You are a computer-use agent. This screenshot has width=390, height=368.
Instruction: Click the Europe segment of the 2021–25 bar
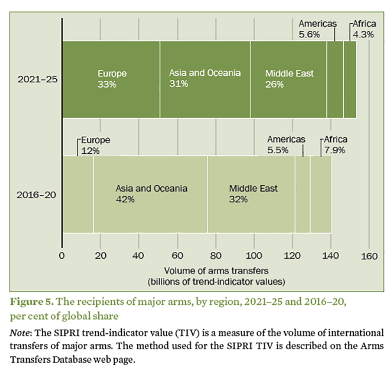111,79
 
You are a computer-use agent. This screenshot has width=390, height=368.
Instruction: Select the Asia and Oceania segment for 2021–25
205,79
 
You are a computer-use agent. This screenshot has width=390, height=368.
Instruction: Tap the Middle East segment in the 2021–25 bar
288,79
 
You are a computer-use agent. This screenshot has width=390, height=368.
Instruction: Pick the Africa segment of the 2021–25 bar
349,79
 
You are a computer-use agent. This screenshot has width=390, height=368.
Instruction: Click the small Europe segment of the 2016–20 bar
78,194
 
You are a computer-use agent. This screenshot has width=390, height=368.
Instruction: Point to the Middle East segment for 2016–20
251,194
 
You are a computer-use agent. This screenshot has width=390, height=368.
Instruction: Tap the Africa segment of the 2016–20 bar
321,194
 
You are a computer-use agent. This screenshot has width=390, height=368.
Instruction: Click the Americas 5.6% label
317,29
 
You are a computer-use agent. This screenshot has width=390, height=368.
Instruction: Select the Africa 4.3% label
363,29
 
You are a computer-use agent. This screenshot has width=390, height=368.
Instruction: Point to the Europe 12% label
95,145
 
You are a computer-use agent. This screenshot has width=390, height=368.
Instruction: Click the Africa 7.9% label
334,145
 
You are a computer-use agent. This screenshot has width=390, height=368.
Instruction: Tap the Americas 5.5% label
287,144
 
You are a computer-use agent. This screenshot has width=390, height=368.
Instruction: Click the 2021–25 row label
37,79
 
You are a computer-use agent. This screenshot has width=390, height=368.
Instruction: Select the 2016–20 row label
37,194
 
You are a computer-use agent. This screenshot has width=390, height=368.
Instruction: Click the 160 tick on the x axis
369,256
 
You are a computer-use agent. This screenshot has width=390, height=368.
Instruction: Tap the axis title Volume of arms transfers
216,270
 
